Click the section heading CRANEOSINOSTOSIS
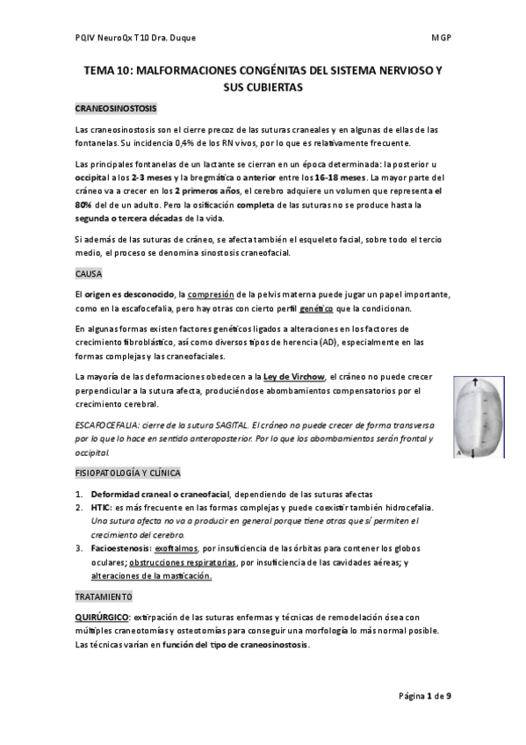[116, 109]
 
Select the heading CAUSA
[90, 273]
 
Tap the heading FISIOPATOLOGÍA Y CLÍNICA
[130, 473]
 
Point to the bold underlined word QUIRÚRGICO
[102, 618]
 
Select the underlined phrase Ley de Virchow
[280, 377]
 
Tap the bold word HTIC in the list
[100, 508]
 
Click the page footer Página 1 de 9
[425, 696]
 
